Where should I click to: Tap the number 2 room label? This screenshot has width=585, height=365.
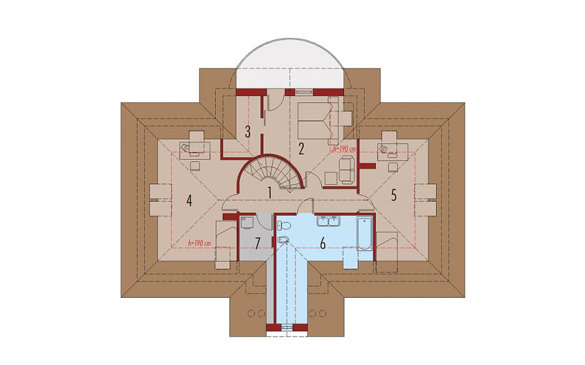(x=301, y=149)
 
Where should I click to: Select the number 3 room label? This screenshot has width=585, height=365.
(x=247, y=132)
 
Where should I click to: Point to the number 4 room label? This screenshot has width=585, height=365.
(x=189, y=201)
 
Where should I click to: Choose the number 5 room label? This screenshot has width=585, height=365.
(x=393, y=195)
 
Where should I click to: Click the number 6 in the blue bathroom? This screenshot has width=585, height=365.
(x=323, y=243)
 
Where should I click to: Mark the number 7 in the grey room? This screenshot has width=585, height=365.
(x=257, y=243)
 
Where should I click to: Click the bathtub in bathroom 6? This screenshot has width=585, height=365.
(x=364, y=233)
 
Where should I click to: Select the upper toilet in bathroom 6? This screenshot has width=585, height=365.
(x=284, y=225)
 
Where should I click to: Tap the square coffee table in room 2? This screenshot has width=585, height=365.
(x=331, y=178)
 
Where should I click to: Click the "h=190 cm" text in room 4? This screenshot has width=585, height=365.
(x=200, y=243)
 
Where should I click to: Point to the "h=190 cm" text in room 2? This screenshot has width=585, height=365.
(x=344, y=149)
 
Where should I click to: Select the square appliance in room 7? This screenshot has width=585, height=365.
(x=246, y=223)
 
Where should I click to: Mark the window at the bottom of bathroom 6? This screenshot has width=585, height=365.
(x=286, y=327)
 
